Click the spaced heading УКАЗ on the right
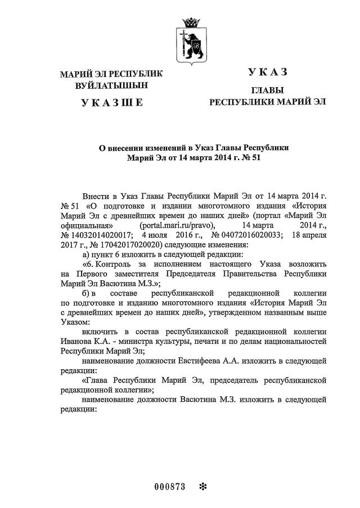coord(267,71)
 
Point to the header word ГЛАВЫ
coord(267,90)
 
